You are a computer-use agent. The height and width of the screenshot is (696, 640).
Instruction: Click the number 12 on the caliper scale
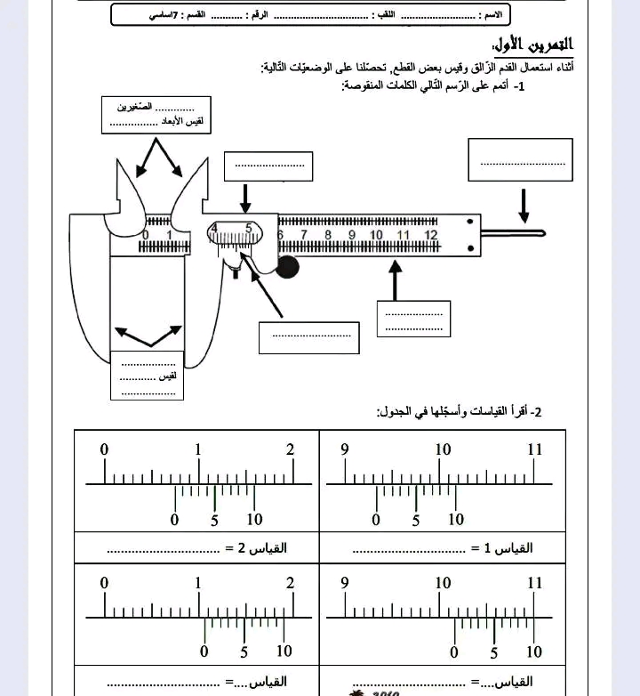[430, 235]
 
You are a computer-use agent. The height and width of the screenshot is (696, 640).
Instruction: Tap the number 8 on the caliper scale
[327, 235]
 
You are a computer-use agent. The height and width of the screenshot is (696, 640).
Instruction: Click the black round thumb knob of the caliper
[287, 267]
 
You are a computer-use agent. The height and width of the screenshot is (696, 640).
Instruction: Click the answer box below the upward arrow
[413, 319]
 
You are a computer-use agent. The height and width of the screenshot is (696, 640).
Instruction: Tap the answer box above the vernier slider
[269, 165]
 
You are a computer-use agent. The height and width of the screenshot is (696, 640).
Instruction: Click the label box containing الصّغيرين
[156, 114]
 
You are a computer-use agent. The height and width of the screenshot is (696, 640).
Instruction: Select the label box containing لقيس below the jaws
[148, 376]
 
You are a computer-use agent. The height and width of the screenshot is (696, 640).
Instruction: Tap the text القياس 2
[267, 549]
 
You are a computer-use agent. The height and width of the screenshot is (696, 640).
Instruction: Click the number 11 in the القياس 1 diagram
[534, 450]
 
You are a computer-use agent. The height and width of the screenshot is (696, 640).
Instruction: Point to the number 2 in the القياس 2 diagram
[290, 450]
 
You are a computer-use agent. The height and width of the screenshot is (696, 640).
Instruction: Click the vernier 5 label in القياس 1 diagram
[416, 521]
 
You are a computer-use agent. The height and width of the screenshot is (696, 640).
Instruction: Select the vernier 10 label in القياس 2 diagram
[255, 521]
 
